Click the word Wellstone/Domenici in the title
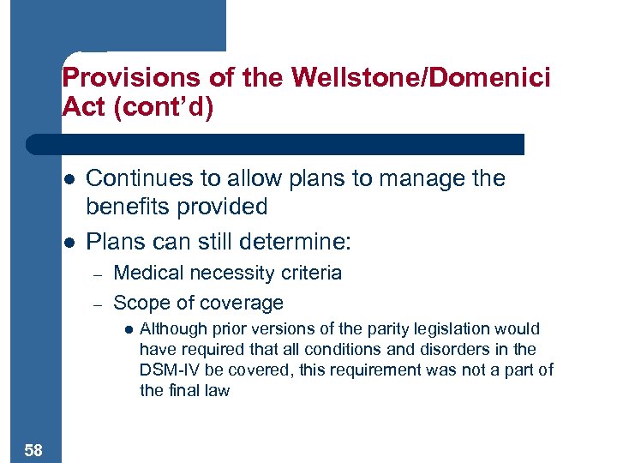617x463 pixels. (421, 78)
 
